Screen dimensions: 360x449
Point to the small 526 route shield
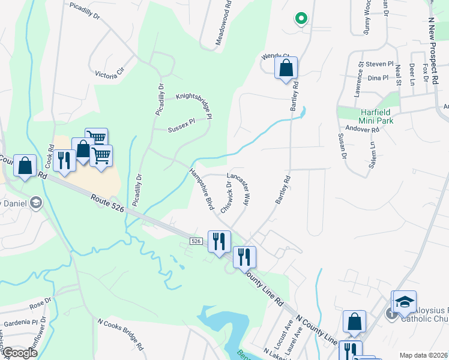coord(196,241)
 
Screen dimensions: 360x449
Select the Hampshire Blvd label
coord(202,189)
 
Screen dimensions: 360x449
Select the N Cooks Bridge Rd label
coord(121,334)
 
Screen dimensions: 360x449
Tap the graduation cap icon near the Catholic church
coord(405,302)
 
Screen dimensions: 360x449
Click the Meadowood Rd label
coord(223,23)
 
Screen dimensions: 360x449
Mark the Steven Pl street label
coord(379,64)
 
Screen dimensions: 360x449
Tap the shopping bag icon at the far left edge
coord(25,167)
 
